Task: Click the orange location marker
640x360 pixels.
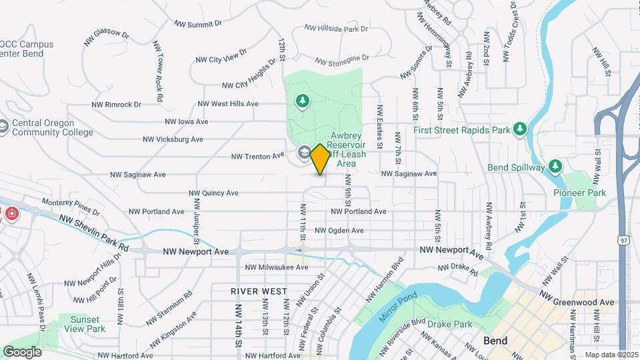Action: point(320,159)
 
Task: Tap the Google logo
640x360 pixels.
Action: point(22,351)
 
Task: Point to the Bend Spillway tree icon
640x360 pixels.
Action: point(555,167)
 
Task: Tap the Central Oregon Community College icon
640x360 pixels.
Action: point(3,126)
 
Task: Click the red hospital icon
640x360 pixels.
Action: point(12,213)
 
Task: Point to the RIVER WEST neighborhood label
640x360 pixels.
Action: point(259,291)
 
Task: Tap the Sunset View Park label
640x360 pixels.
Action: point(87,324)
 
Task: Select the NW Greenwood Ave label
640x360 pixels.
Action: point(577,298)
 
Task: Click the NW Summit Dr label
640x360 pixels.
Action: point(198,23)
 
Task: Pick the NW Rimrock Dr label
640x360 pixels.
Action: point(117,105)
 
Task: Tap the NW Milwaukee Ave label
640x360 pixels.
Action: point(277,267)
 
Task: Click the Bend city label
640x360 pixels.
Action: point(495,341)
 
